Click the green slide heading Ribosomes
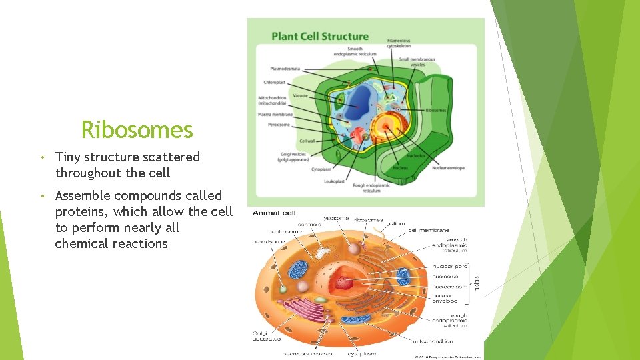tap(137, 129)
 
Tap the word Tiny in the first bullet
tap(67, 157)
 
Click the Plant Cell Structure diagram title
tap(320, 36)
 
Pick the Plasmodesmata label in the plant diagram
tap(285, 68)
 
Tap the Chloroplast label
tap(274, 83)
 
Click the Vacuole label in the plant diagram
tap(300, 95)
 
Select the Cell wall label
tap(307, 141)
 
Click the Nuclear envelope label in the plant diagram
tap(448, 168)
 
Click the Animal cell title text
tap(274, 213)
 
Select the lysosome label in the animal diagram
tap(335, 218)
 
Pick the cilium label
tap(397, 224)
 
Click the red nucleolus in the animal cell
tap(344, 283)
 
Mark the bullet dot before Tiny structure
tap(41, 158)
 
